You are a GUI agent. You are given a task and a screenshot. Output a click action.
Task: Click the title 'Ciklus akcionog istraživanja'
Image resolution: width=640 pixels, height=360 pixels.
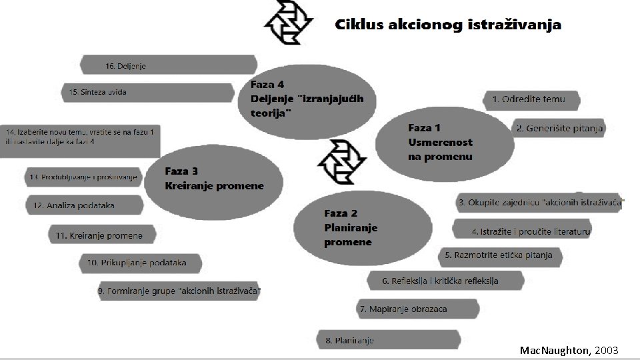point(447,25)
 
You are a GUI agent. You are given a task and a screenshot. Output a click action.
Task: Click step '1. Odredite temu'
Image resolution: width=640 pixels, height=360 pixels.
point(530,99)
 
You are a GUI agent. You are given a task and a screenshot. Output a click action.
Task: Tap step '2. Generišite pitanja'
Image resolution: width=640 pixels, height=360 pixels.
point(559,128)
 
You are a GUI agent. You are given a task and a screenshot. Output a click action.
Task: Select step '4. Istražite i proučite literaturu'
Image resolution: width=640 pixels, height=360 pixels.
point(531,231)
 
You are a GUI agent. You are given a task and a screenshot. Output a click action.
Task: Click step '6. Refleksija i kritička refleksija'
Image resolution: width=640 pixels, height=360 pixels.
point(441,281)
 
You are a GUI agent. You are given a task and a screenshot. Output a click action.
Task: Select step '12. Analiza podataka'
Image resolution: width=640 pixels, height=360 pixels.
point(84,205)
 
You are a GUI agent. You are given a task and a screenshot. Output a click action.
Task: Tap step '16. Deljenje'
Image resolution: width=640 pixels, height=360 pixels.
point(168,65)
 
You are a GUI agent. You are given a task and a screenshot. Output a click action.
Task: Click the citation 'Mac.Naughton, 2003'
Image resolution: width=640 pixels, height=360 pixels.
point(569,350)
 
